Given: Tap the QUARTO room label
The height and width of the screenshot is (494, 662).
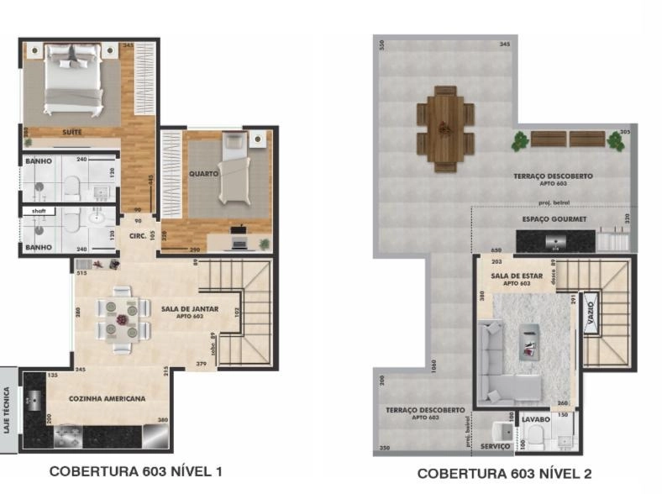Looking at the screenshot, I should [203, 174].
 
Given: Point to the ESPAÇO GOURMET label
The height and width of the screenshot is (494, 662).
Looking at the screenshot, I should [554, 219].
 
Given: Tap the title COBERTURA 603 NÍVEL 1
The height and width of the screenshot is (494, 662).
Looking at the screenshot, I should [136, 471].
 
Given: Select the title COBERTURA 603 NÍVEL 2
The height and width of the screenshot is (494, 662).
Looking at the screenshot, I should [504, 474].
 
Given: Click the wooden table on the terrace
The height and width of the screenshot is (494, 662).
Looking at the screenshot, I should [444, 129].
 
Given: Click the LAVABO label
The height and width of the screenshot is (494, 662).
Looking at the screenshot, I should [536, 418].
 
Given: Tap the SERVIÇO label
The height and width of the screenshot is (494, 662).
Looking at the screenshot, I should [496, 446].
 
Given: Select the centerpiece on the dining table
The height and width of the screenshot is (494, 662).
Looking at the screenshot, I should [123, 319].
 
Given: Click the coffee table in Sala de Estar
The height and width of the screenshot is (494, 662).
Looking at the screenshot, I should [529, 339].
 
